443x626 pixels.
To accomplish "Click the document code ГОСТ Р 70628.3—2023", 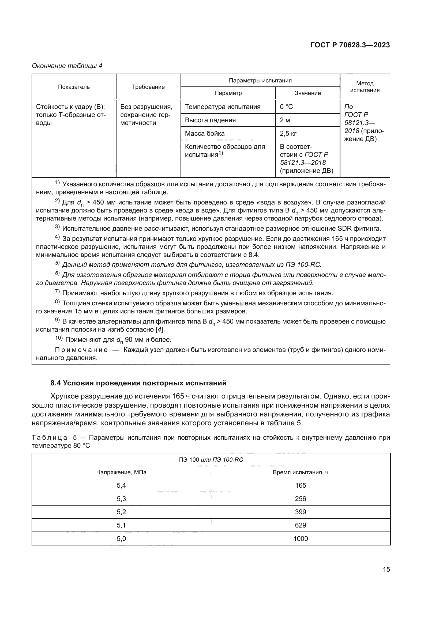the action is pyautogui.click(x=350, y=45).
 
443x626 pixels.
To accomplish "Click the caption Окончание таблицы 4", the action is pyautogui.click(x=67, y=66).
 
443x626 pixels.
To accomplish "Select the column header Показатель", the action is pyautogui.click(x=74, y=87).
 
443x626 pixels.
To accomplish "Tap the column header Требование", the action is pyautogui.click(x=148, y=87).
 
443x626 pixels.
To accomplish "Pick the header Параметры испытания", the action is pyautogui.click(x=260, y=81).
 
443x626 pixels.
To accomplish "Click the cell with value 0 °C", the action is pyautogui.click(x=286, y=107).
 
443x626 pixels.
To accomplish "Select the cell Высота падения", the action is pyautogui.click(x=210, y=120).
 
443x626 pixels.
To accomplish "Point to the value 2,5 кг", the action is pyautogui.click(x=288, y=133).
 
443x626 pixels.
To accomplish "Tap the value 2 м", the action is pyautogui.click(x=285, y=120).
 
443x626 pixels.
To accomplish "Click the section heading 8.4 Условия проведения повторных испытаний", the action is pyautogui.click(x=138, y=383).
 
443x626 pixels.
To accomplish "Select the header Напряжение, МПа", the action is pyautogui.click(x=121, y=472).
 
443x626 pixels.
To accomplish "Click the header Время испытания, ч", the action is pyautogui.click(x=300, y=472).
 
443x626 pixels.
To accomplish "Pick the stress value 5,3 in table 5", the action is pyautogui.click(x=121, y=499).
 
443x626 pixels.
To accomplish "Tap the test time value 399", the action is pyautogui.click(x=300, y=512).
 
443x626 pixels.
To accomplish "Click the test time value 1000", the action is pyautogui.click(x=300, y=538).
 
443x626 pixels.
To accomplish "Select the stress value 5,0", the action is pyautogui.click(x=121, y=538).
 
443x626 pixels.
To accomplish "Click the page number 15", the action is pyautogui.click(x=386, y=569).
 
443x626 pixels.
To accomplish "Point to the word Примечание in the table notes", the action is pyautogui.click(x=81, y=350).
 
